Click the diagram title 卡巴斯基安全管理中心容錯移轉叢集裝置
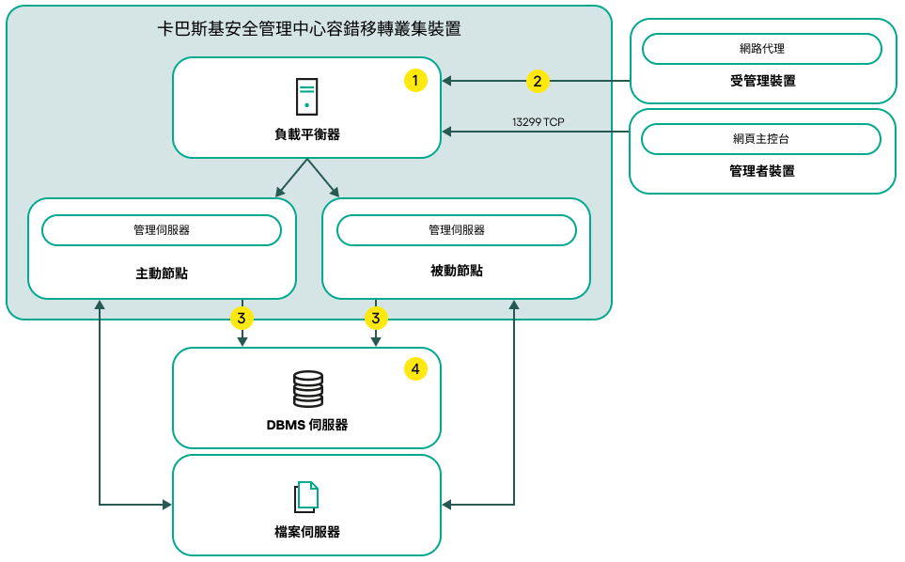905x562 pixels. (x=309, y=29)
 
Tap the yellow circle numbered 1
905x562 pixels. (x=415, y=81)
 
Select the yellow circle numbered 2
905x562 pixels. (x=537, y=81)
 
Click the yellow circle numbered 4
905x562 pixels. (x=415, y=369)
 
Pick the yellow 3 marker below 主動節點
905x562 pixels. (x=242, y=319)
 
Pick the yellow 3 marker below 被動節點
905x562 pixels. (x=375, y=319)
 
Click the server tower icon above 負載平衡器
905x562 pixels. (x=306, y=97)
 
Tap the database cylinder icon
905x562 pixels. (x=307, y=389)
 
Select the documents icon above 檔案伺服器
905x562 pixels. (x=306, y=496)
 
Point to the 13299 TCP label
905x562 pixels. (x=538, y=122)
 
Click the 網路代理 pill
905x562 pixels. (x=761, y=48)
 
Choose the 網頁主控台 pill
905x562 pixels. (x=761, y=139)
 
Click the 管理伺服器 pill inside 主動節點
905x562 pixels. (x=162, y=230)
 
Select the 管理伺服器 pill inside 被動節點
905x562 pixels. (x=457, y=230)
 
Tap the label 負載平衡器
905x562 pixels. (x=307, y=134)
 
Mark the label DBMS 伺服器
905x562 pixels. (x=307, y=425)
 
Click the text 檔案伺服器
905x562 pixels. (x=307, y=532)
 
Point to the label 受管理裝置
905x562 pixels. (x=762, y=81)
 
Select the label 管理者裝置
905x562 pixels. (x=762, y=171)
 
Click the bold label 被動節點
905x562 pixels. (x=457, y=271)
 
